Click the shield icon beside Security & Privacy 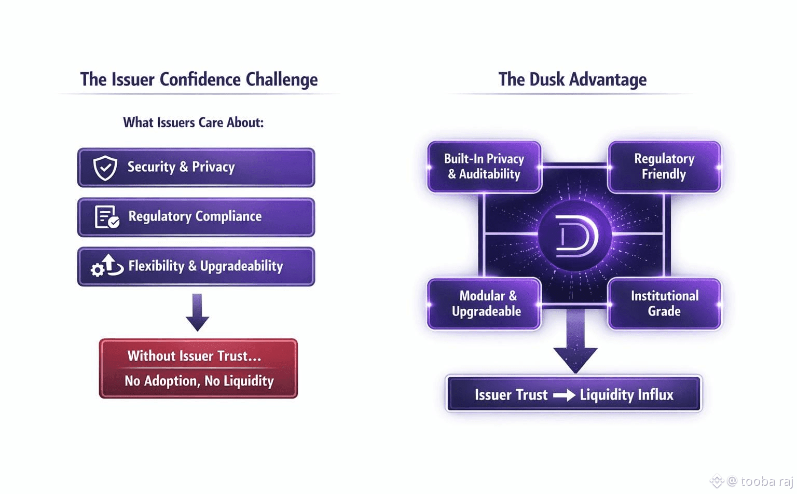click(105, 168)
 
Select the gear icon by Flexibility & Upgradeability click(98, 269)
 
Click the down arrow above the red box click(197, 312)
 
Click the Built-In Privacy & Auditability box click(484, 167)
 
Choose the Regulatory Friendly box click(664, 167)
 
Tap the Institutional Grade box click(664, 304)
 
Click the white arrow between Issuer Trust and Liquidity click(564, 395)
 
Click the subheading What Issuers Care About click(193, 122)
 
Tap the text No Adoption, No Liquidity click(199, 381)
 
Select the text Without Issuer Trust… click(194, 356)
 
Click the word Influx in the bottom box click(655, 395)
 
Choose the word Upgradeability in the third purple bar click(241, 266)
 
